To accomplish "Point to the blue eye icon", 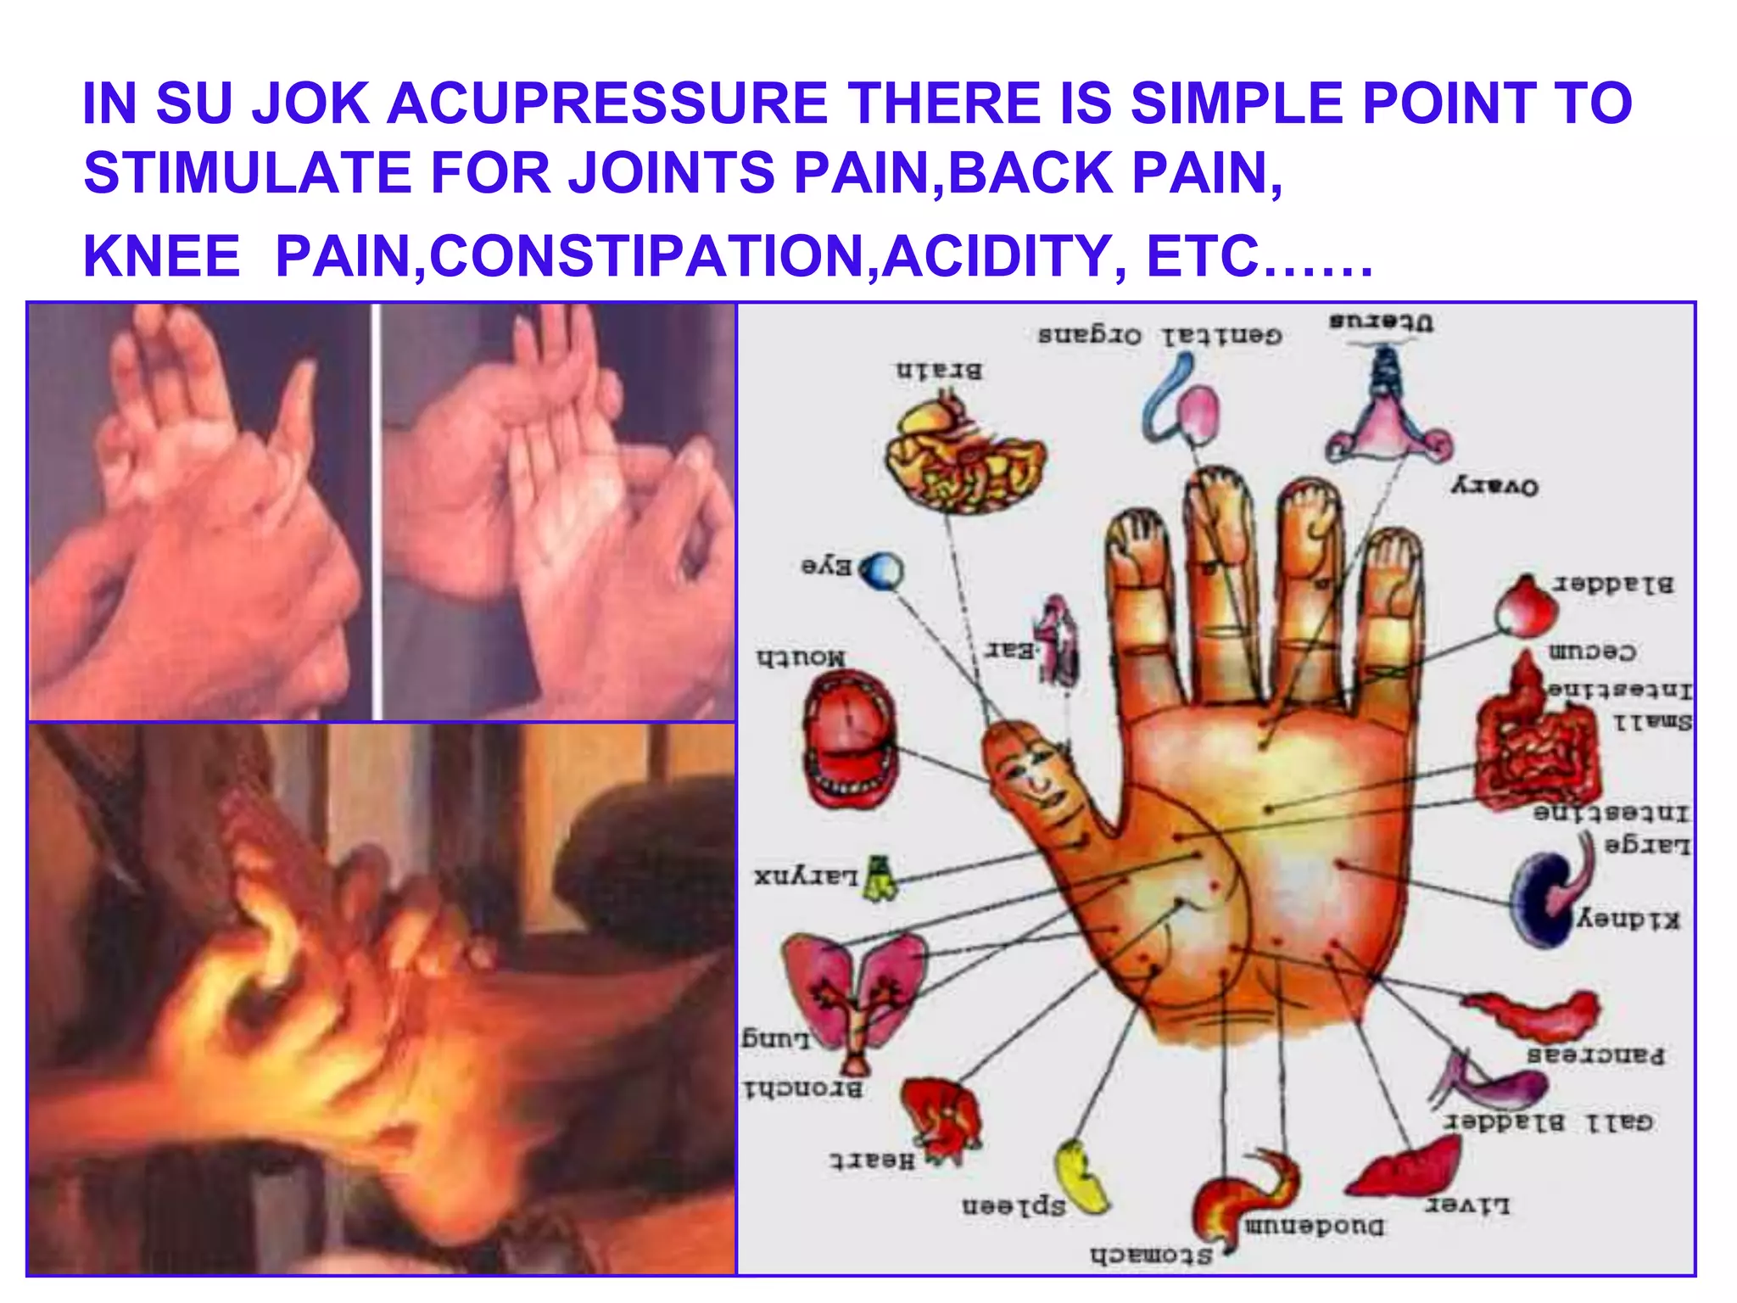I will point(883,571).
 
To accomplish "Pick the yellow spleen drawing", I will point(1081,1177).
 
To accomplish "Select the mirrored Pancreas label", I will point(1595,1056).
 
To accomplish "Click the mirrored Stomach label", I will point(1152,1255).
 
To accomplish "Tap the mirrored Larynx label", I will point(806,875).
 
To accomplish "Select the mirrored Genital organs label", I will point(1159,336).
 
